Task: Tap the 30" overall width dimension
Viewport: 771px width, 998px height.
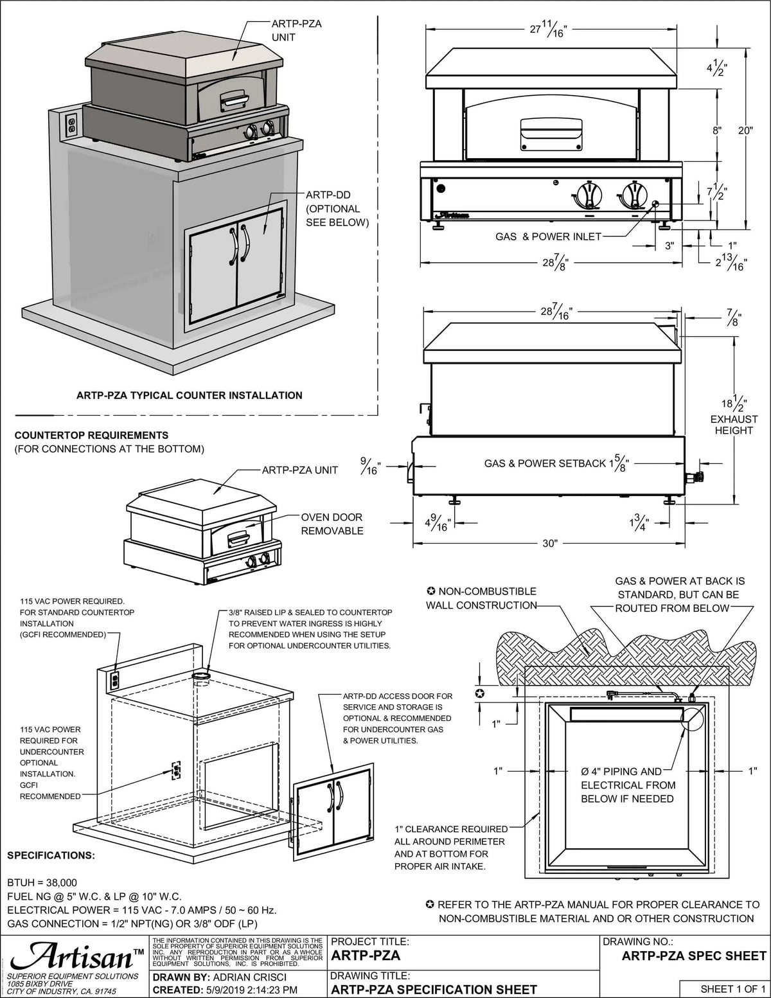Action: click(x=549, y=543)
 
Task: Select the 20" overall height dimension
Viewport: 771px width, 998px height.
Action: click(x=745, y=130)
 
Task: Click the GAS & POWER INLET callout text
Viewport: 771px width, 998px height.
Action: click(x=548, y=236)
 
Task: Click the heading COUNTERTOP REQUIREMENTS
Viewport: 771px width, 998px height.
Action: click(x=91, y=435)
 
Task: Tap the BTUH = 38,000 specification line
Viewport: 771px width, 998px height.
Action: click(x=42, y=882)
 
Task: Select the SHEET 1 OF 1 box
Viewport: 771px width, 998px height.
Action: click(x=724, y=988)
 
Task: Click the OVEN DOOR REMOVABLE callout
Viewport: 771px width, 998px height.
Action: click(x=332, y=524)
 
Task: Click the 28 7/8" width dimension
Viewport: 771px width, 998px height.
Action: click(x=553, y=263)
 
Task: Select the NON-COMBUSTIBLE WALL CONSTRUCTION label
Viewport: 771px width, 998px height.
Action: click(x=481, y=598)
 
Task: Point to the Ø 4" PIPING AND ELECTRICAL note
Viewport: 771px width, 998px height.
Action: click(x=628, y=785)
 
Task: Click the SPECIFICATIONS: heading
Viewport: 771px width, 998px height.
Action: click(x=51, y=855)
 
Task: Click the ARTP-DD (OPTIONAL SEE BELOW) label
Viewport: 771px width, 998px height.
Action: click(x=337, y=208)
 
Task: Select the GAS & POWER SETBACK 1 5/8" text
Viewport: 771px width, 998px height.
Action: click(x=556, y=463)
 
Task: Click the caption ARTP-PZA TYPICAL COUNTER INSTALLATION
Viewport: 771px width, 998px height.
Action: click(x=190, y=395)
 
